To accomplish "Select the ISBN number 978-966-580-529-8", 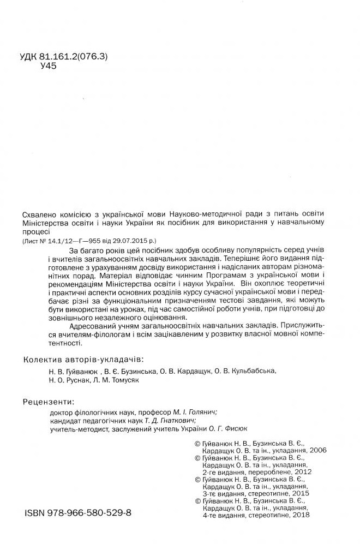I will (x=88, y=513).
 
